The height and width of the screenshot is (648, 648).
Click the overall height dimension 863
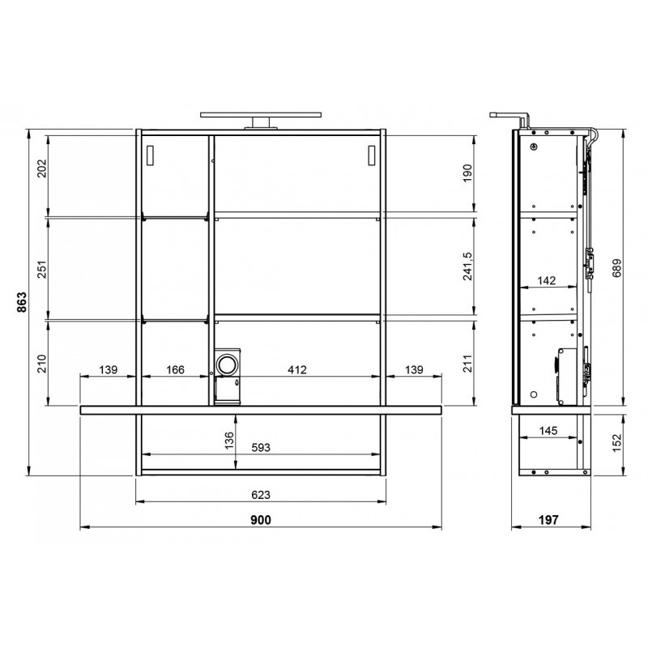point(21,302)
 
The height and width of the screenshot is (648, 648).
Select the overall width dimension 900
point(261,520)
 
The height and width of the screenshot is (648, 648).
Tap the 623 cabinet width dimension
point(261,495)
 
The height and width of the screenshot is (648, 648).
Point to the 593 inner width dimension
point(261,448)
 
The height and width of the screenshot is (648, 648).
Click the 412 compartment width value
point(297,370)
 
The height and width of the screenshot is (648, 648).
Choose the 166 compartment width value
point(175,370)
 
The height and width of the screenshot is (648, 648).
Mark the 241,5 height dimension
point(467,266)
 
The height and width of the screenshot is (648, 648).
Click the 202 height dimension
point(43,168)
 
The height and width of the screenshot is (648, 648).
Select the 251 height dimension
point(43,269)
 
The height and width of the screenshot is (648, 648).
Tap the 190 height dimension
point(467,173)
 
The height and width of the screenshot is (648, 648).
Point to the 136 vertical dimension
point(228,440)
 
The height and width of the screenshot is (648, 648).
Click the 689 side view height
point(616,268)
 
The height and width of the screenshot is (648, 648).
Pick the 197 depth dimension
point(548,520)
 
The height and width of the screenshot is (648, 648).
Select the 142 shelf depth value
point(546,280)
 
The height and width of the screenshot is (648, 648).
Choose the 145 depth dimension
point(548,431)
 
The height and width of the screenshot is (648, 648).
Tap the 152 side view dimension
point(616,442)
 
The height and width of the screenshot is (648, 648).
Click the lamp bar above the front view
point(261,114)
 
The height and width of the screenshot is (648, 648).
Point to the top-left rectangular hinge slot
point(150,155)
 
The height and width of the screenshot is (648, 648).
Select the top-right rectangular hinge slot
point(372,155)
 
